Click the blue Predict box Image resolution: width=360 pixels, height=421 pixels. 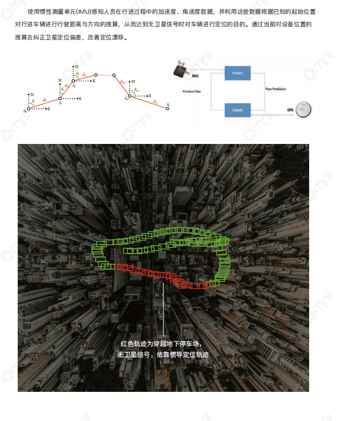point(237,73)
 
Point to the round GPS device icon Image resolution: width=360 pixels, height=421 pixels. point(306,109)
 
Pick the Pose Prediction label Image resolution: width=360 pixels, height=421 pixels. point(275,89)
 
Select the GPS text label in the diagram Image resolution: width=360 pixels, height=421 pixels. point(290,110)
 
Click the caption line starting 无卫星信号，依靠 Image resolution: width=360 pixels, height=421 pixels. point(163,355)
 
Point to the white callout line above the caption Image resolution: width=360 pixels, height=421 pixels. point(163,308)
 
